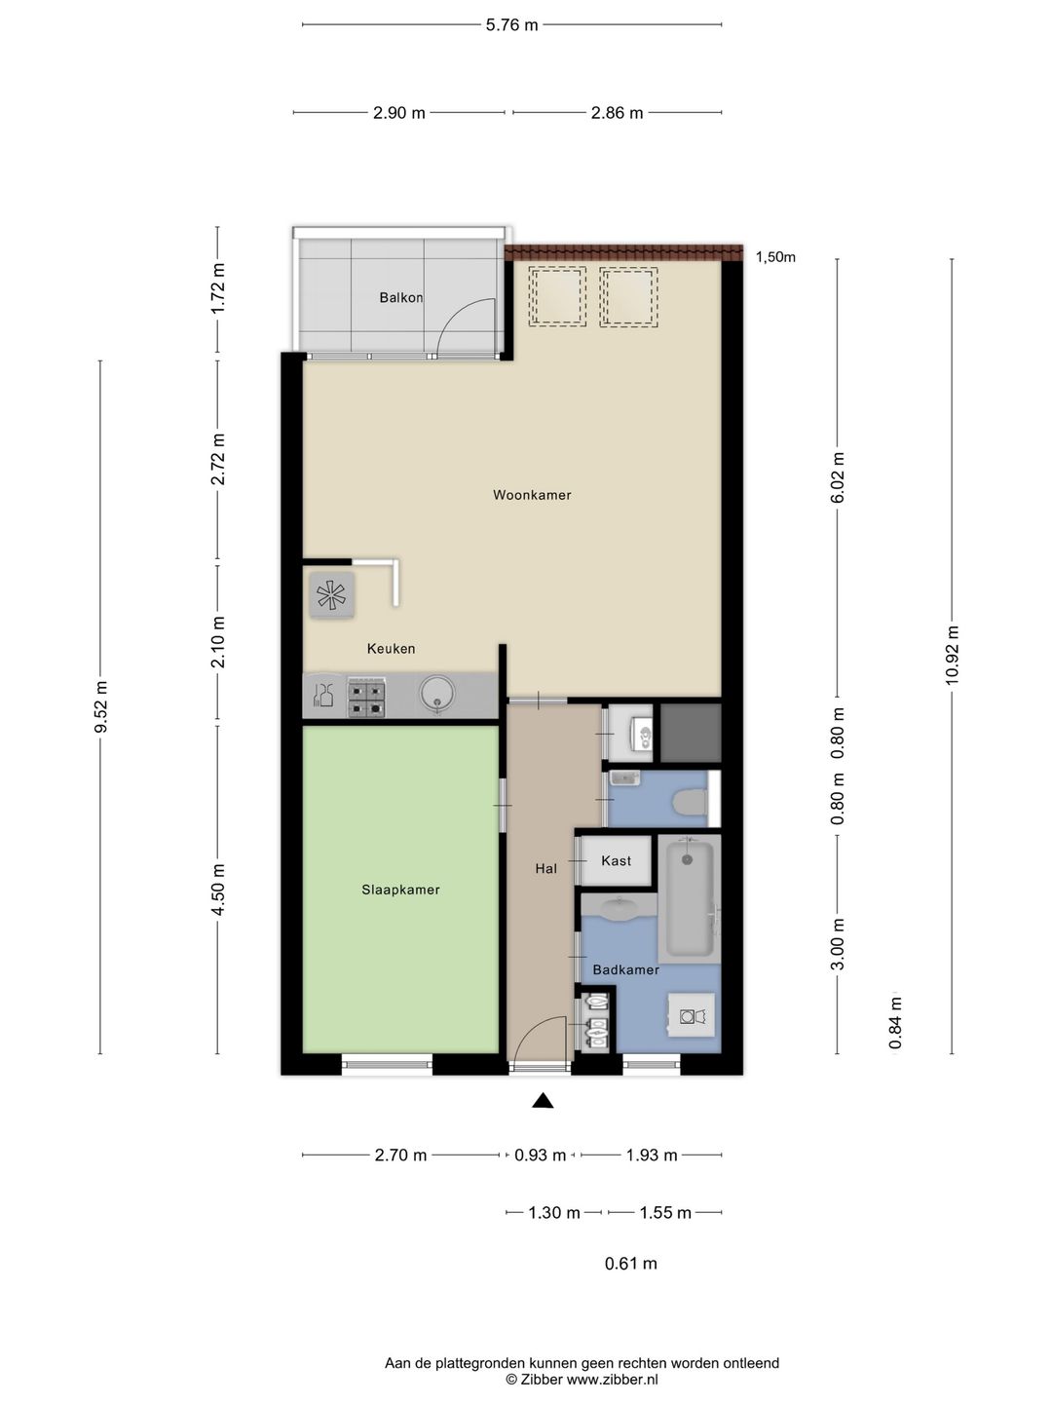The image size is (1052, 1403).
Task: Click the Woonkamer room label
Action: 532,495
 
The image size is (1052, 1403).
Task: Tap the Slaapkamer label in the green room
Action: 400,890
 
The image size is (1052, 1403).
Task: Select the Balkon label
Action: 400,297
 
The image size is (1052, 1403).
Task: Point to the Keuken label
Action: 391,649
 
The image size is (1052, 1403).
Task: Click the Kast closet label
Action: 616,861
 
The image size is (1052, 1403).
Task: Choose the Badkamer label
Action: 625,969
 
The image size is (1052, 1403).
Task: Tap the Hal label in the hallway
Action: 546,869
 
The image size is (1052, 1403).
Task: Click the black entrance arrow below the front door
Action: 543,1100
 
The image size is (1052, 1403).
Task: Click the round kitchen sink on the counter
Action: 437,695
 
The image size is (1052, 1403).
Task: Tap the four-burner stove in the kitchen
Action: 366,699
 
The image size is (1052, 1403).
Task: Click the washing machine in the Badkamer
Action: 692,1016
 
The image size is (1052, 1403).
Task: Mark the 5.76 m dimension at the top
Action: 511,25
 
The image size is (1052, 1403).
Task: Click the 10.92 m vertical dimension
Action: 952,655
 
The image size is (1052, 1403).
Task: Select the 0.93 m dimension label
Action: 541,1155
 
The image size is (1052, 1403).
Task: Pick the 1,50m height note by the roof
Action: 775,257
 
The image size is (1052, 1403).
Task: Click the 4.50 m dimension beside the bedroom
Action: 218,890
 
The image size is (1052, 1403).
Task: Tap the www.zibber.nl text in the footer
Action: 612,1380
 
